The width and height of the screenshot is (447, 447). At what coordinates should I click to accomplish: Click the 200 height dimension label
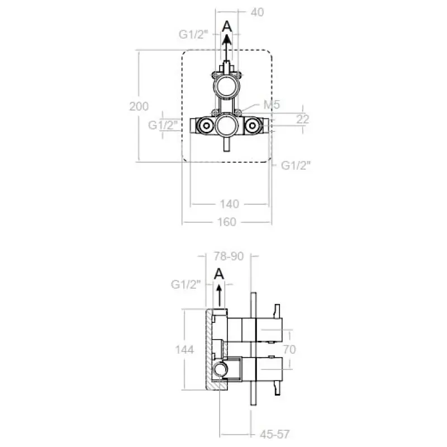click(x=139, y=106)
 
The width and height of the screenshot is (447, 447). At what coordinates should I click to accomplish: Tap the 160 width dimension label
click(x=227, y=222)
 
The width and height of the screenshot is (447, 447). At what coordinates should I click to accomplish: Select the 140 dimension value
click(x=230, y=204)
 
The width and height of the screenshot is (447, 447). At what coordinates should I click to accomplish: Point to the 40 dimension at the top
click(x=257, y=12)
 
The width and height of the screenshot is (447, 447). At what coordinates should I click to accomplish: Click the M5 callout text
click(x=272, y=104)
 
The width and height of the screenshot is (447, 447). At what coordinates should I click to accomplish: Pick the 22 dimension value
click(x=302, y=119)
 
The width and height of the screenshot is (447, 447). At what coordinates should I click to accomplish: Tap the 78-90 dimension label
click(x=229, y=256)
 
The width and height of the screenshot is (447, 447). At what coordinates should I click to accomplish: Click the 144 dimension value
click(x=184, y=350)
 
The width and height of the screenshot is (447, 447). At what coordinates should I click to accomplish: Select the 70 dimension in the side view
click(x=289, y=349)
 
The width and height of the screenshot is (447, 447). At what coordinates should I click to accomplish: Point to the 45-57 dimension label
click(x=275, y=434)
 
